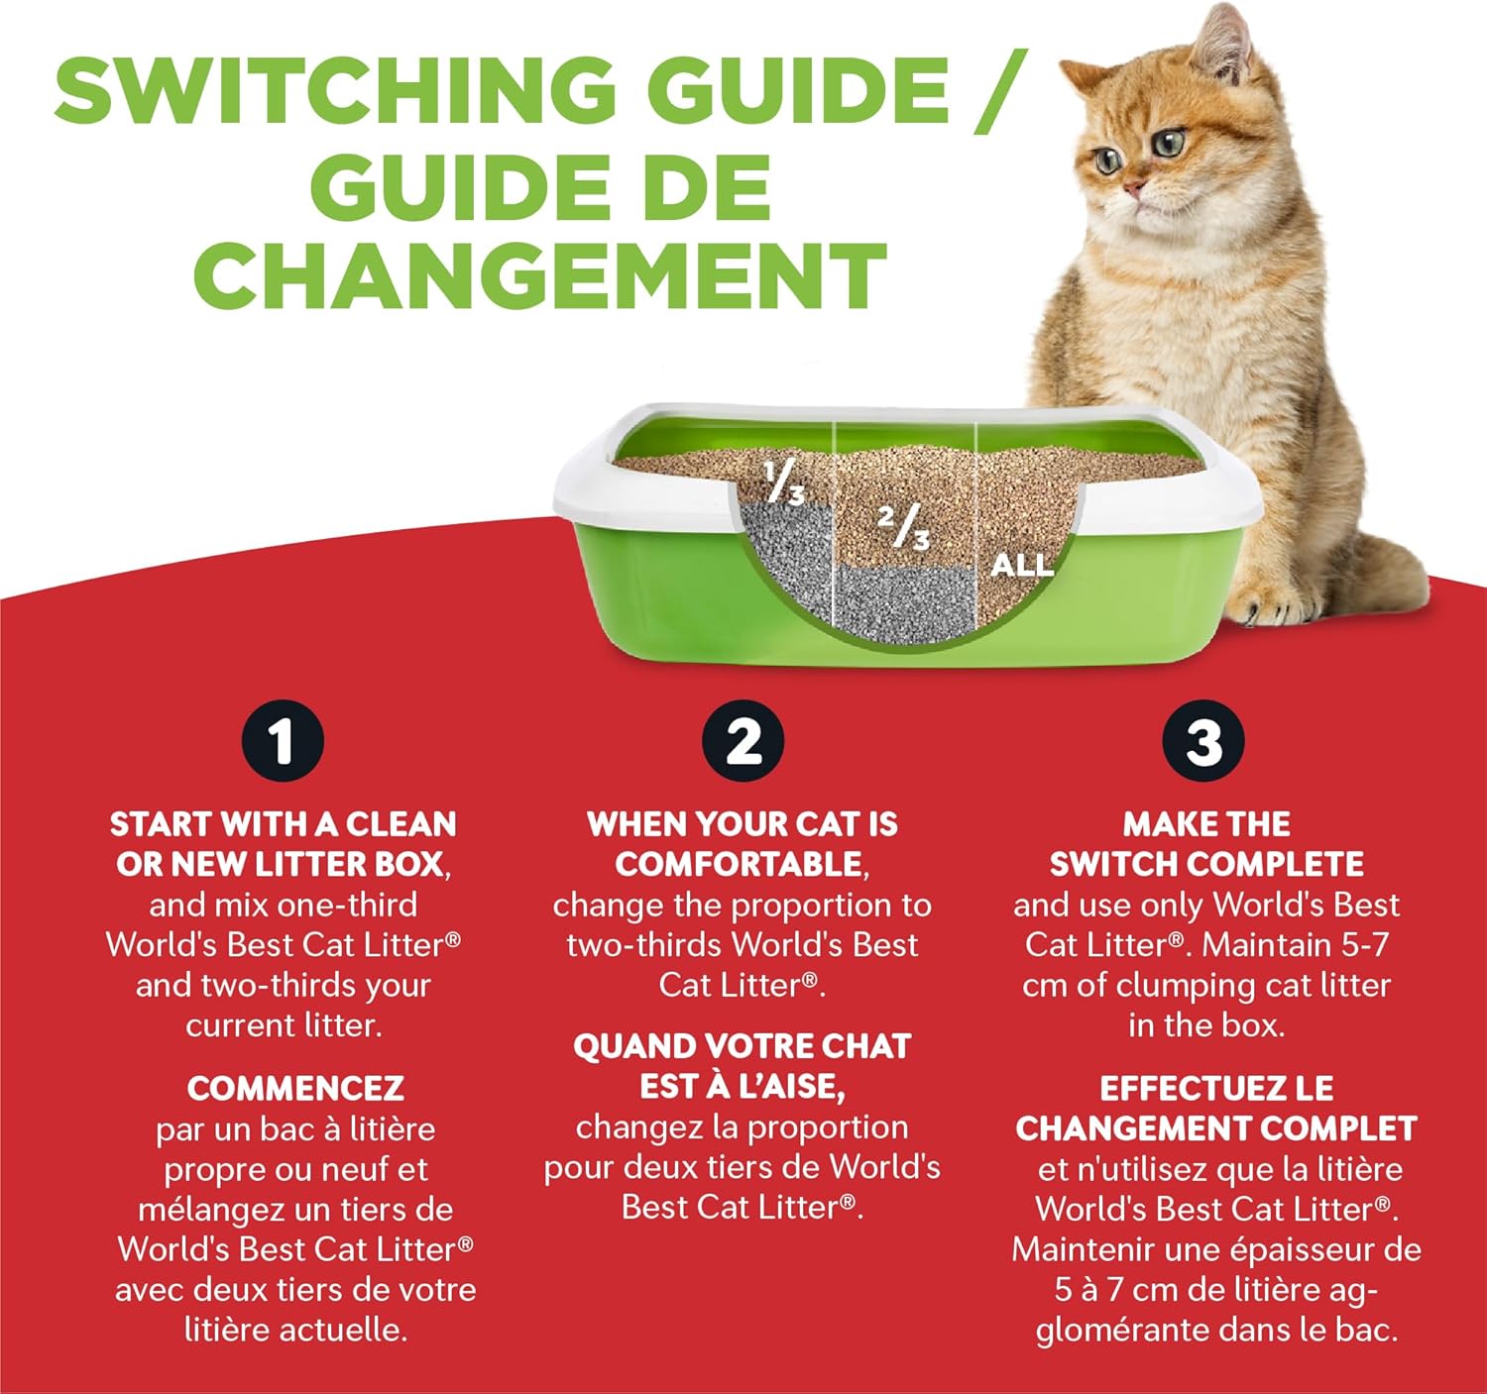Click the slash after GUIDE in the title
coord(1001,91)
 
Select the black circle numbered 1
coord(283,742)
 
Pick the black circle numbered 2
coord(743,742)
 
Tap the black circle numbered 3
coord(1204,742)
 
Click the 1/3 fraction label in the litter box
coord(783,483)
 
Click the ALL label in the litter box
coord(1022,566)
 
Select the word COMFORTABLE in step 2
coord(739,865)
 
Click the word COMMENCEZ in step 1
coord(295,1089)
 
